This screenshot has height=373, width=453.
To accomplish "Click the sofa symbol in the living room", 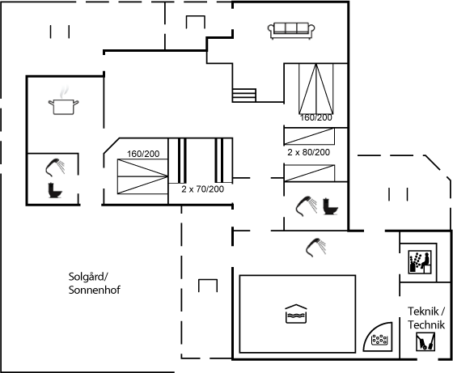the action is [291, 31].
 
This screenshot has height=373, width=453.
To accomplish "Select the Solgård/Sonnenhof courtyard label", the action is [94, 283].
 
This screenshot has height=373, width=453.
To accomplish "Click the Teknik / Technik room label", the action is [426, 318].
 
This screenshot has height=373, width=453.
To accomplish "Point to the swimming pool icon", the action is [296, 314].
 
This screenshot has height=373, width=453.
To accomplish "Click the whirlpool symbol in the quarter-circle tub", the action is [379, 340].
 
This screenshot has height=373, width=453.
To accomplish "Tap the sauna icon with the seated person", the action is [420, 262].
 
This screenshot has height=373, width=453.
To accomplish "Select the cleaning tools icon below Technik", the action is [425, 341].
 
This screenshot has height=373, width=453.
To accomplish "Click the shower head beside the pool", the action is [316, 248].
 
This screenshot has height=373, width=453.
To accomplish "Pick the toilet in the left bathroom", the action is [55, 190].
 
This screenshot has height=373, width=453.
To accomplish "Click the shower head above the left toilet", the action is [55, 167].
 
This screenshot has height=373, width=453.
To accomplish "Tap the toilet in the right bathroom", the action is [331, 206].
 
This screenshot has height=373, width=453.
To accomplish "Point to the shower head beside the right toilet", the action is [307, 206].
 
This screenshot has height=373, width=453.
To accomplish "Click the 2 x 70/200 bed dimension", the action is [203, 189].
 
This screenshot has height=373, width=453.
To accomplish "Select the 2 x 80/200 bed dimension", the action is [308, 152].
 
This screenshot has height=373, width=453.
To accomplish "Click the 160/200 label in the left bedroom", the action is [143, 154].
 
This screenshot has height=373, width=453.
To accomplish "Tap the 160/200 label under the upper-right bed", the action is [316, 117].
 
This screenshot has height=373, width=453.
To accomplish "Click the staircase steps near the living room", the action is [244, 95].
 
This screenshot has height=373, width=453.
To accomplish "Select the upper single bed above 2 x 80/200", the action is [309, 137].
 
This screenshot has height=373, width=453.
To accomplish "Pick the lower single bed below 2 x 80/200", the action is [309, 173].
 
